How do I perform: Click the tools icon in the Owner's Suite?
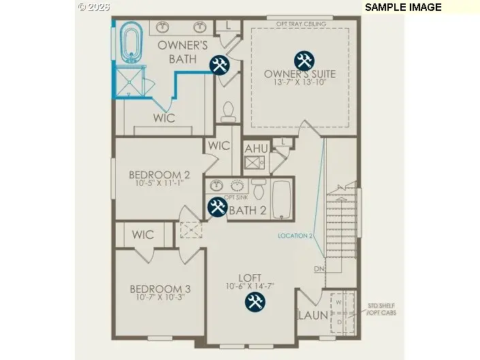(304, 61)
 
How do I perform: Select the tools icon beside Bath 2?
(217, 206)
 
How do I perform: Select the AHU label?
(256, 148)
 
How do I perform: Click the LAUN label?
(313, 316)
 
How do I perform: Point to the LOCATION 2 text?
(295, 236)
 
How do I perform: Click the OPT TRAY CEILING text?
(301, 24)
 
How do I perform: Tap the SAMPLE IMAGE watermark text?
(403, 7)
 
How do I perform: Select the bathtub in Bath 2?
(282, 199)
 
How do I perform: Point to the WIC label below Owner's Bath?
(163, 118)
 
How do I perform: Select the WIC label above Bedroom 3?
(143, 235)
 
